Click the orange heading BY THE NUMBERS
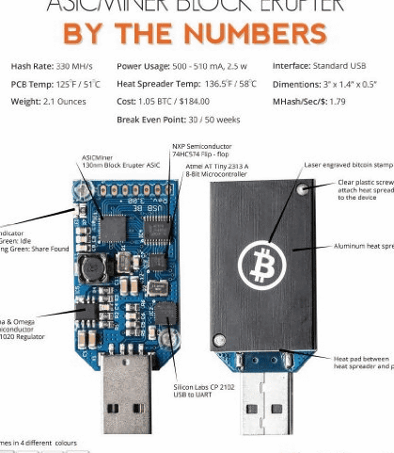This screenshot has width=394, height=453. point(195,34)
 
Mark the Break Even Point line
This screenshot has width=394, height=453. point(180,119)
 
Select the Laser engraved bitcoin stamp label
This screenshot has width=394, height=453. point(349,165)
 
